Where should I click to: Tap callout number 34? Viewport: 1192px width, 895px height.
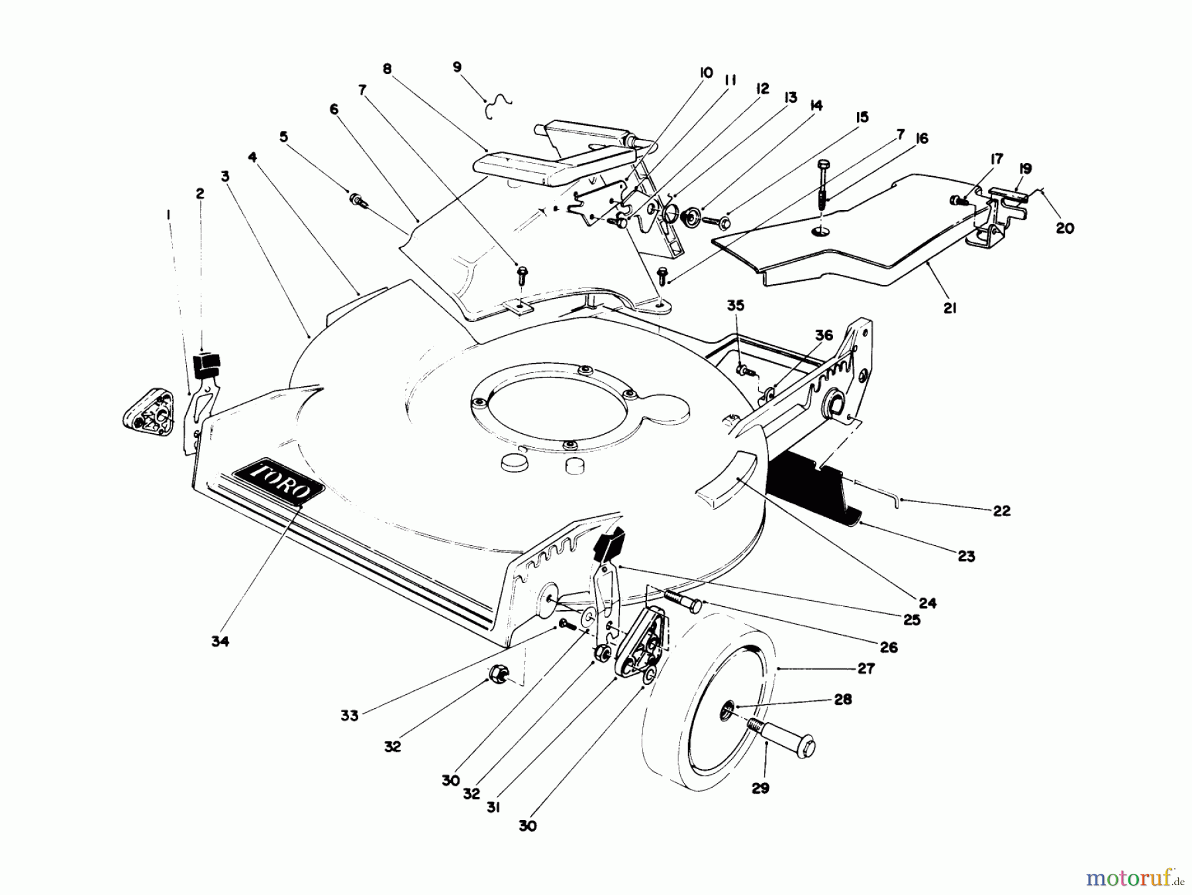(x=220, y=641)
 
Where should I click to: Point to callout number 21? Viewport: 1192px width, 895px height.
(x=950, y=308)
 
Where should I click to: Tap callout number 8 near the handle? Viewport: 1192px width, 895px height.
(x=387, y=69)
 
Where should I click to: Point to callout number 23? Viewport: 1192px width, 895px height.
(x=966, y=556)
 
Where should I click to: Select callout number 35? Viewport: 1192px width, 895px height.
(x=736, y=305)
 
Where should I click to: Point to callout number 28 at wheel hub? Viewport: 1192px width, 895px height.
(x=842, y=700)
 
